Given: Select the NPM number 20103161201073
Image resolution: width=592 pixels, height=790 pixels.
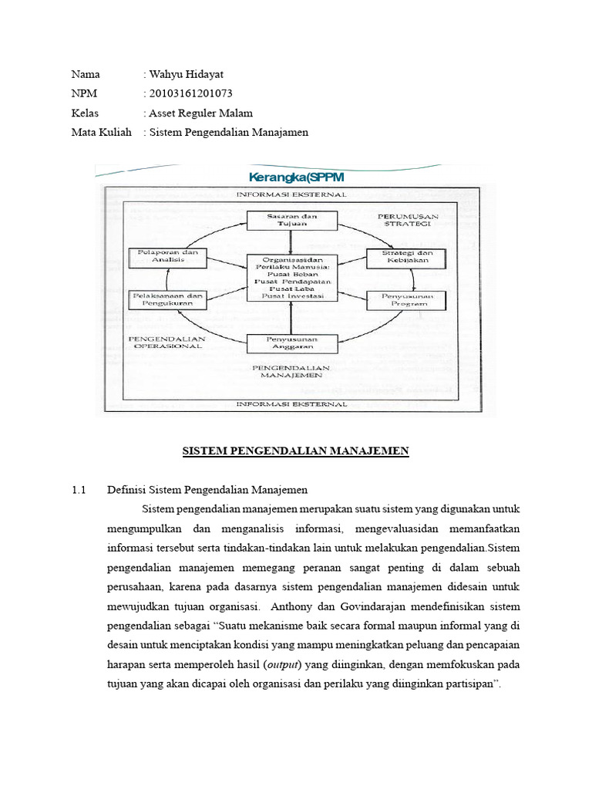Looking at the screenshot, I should (x=190, y=93).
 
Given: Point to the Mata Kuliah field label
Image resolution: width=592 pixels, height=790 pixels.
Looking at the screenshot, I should (x=102, y=132).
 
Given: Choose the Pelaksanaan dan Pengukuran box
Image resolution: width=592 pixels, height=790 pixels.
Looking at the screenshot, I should (x=169, y=299).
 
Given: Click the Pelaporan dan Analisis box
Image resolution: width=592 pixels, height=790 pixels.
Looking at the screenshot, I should (x=169, y=257).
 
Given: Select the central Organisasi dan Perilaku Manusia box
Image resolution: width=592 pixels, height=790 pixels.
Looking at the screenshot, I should (x=289, y=278).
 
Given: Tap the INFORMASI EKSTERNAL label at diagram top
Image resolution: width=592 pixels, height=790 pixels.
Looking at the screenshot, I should (x=289, y=194).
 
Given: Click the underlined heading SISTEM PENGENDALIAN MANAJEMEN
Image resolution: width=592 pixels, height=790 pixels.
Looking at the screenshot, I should (x=295, y=451).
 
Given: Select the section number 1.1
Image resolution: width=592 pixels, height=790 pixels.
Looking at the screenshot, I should (x=79, y=490).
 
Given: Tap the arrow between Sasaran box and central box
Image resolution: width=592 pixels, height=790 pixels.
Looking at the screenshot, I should (x=290, y=241).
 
